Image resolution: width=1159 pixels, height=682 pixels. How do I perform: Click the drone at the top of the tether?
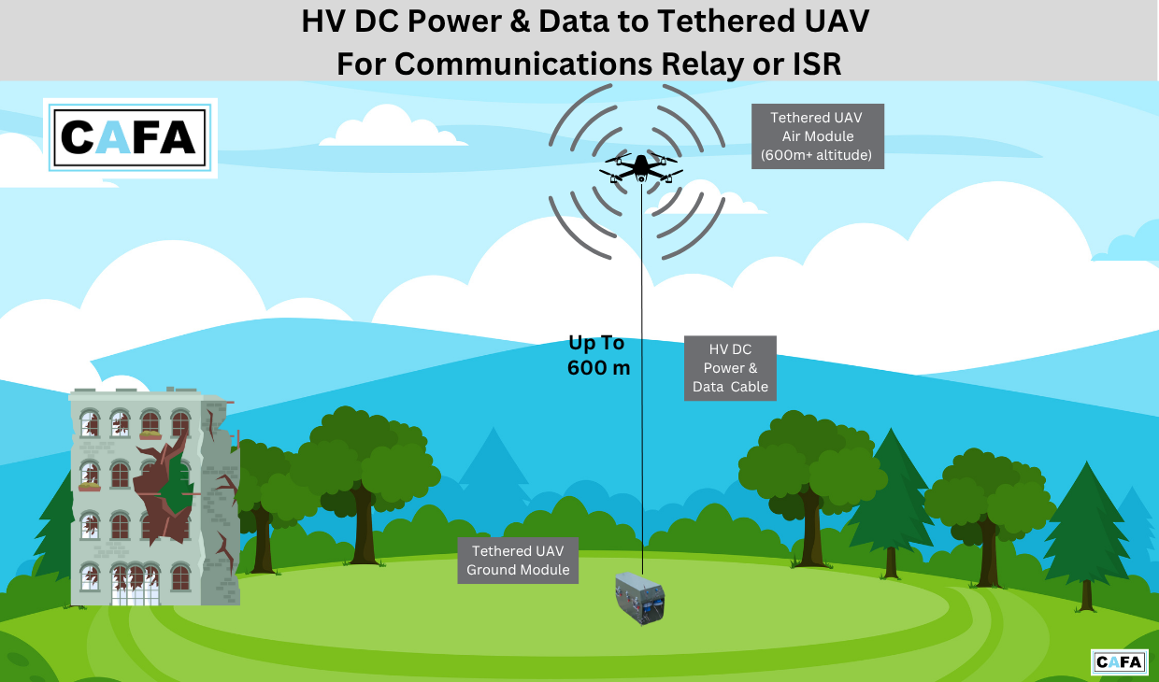641,168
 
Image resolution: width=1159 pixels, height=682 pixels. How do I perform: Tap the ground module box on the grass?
644,598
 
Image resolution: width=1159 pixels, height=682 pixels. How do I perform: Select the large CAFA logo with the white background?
130,137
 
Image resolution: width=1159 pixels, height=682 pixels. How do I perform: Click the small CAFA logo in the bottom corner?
1119,661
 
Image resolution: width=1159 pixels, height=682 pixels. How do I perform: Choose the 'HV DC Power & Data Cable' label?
730,368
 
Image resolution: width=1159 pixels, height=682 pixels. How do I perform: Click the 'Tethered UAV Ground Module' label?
518,561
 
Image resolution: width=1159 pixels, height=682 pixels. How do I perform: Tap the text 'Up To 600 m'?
597,355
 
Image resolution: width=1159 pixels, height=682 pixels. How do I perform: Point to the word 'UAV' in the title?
829,21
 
